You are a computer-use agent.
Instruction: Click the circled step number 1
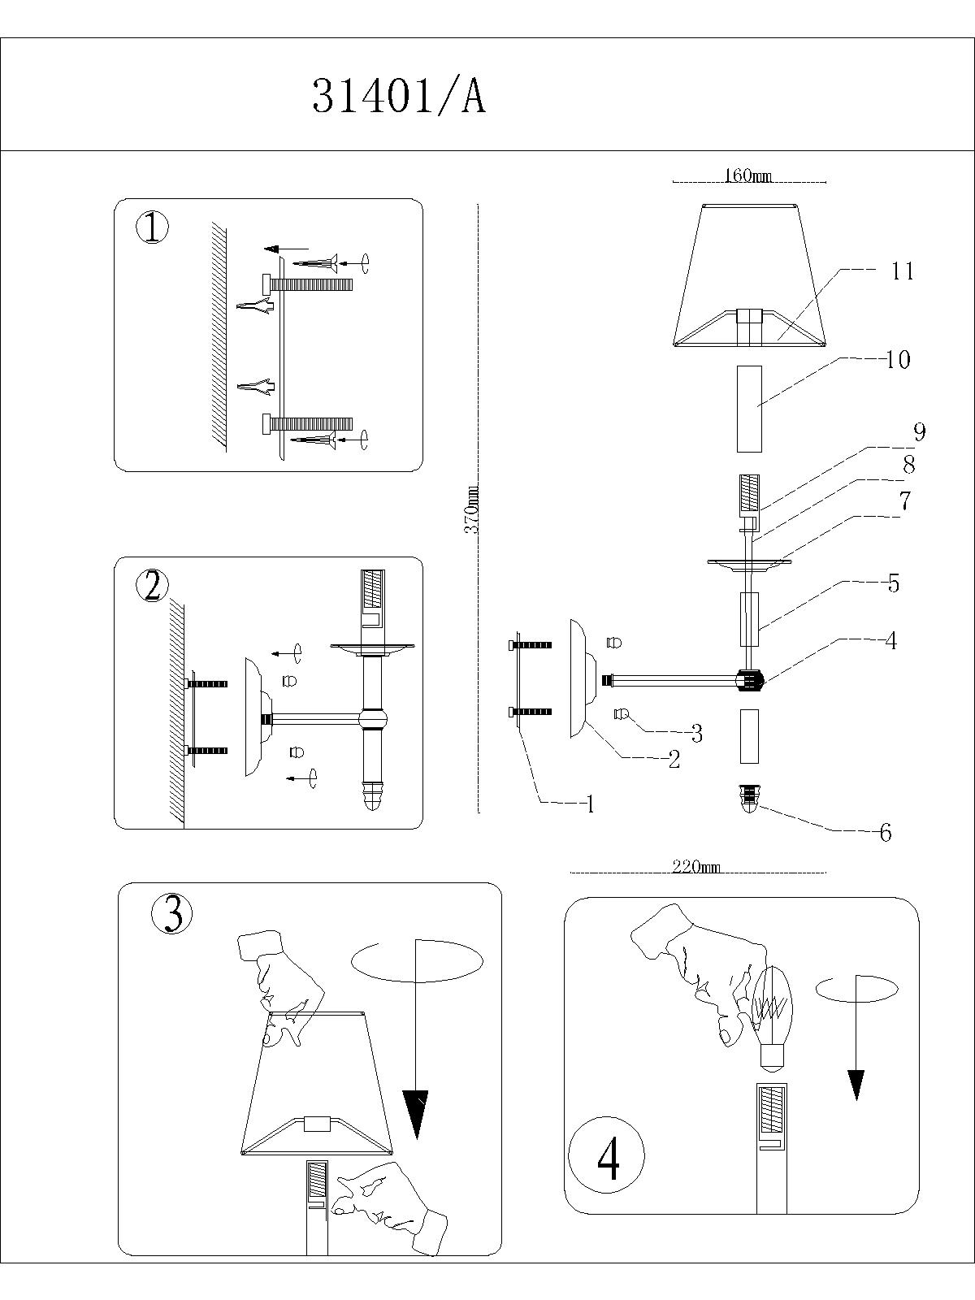[152, 229]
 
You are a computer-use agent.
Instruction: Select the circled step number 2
[152, 586]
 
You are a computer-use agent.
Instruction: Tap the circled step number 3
[172, 914]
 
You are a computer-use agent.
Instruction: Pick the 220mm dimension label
[696, 867]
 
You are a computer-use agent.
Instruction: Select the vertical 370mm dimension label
[471, 509]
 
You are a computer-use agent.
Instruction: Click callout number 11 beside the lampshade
[902, 271]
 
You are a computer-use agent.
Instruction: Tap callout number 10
[897, 359]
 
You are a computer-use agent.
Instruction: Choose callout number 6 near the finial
[886, 833]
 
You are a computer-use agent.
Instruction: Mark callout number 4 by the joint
[890, 640]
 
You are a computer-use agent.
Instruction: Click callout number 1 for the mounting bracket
[590, 804]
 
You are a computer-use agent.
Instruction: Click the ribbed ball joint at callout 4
[749, 680]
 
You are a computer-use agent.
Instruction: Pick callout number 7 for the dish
[904, 501]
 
